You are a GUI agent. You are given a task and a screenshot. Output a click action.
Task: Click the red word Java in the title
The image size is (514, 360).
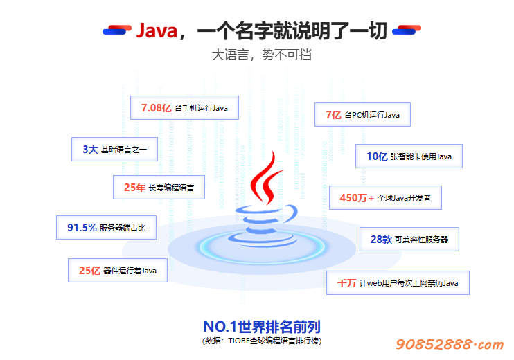tap(157, 30)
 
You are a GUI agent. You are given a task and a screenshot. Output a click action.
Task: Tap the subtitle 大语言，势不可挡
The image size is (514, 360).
tap(261, 55)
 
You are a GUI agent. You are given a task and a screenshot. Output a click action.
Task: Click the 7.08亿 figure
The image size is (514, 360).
tap(156, 108)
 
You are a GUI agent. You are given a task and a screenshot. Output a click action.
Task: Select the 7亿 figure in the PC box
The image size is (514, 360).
tap(333, 115)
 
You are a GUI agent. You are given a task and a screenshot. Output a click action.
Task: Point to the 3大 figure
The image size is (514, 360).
tap(90, 150)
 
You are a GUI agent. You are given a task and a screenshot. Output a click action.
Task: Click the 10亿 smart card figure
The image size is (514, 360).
tap(377, 156)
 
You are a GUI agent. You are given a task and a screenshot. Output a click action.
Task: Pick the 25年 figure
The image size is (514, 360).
tap(134, 188)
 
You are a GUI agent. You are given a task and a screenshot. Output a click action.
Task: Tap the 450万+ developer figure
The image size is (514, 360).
tap(357, 198)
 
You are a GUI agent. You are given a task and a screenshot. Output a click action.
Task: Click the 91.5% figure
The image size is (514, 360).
tap(82, 227)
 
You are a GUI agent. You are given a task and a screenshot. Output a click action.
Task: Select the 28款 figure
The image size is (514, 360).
tap(381, 240)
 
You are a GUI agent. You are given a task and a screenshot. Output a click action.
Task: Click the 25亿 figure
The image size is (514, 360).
tap(89, 270)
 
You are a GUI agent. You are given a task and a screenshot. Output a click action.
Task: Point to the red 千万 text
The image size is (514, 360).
tap(346, 282)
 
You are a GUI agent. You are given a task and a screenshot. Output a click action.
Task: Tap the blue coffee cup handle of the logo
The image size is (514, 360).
tap(290, 213)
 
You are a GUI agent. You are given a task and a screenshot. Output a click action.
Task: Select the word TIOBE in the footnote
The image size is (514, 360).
tap(239, 341)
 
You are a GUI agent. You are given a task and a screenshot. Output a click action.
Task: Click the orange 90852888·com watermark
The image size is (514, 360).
tap(450, 344)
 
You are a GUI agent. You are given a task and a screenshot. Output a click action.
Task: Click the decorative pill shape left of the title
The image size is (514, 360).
tap(117, 30)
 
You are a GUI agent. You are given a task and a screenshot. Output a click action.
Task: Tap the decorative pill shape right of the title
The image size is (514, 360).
tap(407, 30)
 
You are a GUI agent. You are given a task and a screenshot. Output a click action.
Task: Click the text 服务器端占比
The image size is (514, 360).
tap(123, 228)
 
